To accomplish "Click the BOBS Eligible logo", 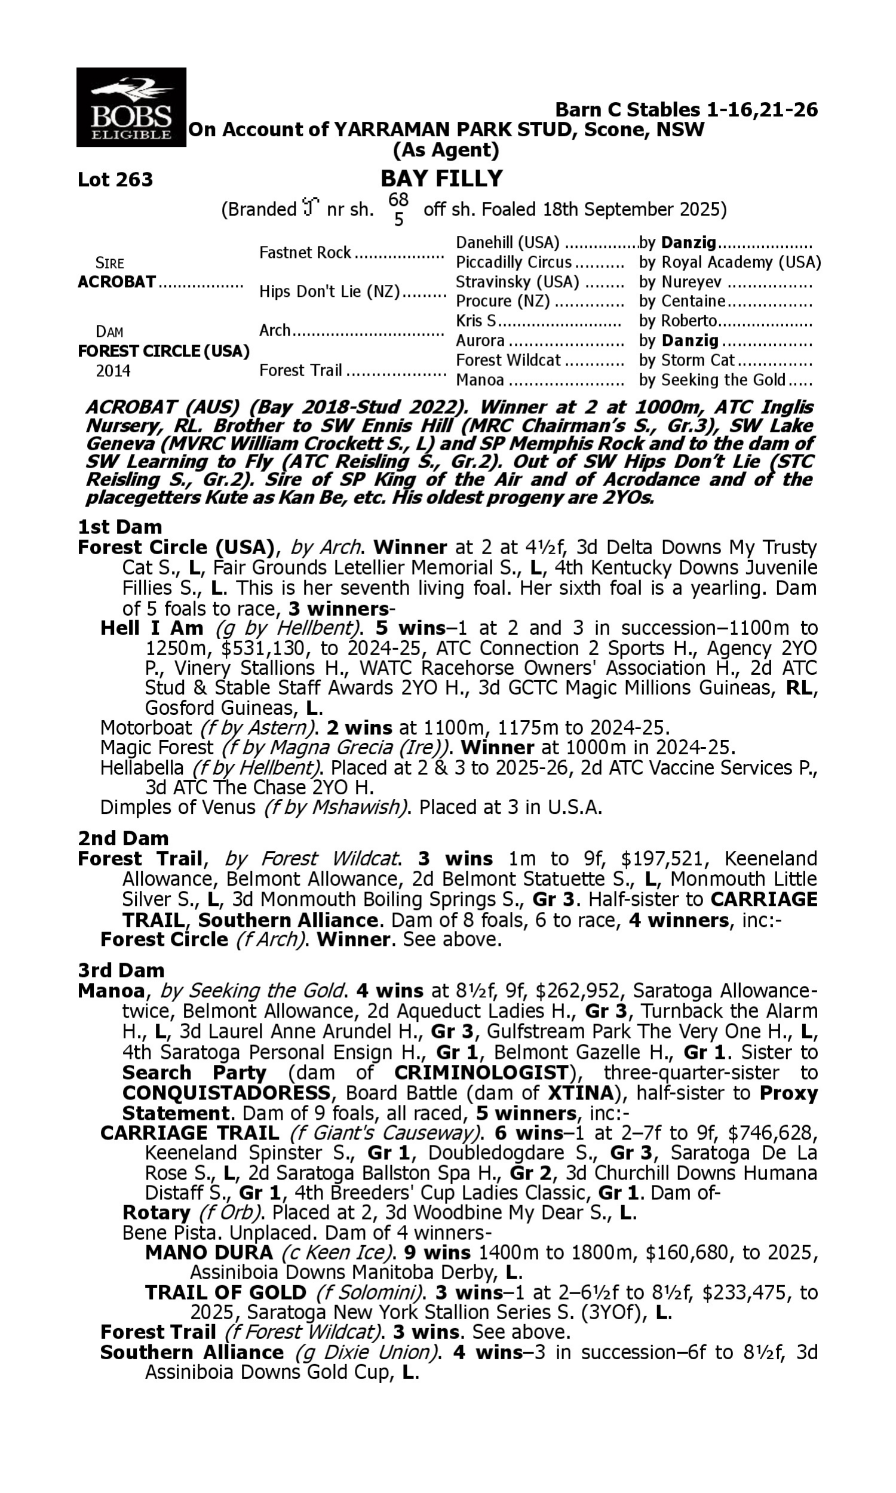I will point(131,107).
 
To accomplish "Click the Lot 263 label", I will point(115,180).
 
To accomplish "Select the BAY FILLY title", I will point(441,179).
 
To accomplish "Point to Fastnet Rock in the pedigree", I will point(305,253).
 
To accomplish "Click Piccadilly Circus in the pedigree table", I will point(513,263).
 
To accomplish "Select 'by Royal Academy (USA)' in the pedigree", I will point(729,263).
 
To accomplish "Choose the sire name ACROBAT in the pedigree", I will point(116,282).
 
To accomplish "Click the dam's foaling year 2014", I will point(113,370).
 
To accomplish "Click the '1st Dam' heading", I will point(119,527).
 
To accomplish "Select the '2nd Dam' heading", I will point(122,838).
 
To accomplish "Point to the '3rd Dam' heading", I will point(121,970).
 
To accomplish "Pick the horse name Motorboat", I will point(146,728).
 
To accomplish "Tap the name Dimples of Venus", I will point(177,807).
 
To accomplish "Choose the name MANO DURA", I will point(209,1252).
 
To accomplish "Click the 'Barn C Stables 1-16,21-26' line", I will point(686,110).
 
